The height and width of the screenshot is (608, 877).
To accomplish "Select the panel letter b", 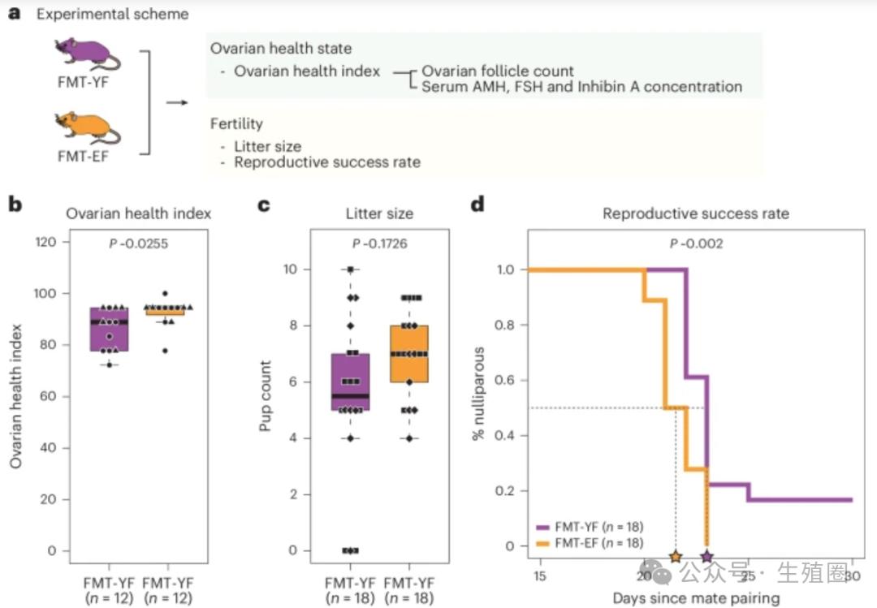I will click(15, 205).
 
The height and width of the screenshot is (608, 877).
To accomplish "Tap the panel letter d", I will click(477, 205).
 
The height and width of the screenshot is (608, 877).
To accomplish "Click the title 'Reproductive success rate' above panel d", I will click(695, 213).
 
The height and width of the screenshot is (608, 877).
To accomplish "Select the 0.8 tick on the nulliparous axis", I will click(505, 325).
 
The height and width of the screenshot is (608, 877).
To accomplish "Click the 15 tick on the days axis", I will click(538, 576).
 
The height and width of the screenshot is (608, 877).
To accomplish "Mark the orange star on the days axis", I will click(676, 556).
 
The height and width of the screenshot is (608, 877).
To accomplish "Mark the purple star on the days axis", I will click(707, 556).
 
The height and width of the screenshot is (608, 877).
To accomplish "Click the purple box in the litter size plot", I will click(350, 382).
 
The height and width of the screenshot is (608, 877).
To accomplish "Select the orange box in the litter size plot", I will click(408, 354).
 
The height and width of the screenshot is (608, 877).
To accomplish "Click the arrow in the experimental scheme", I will click(176, 102).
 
